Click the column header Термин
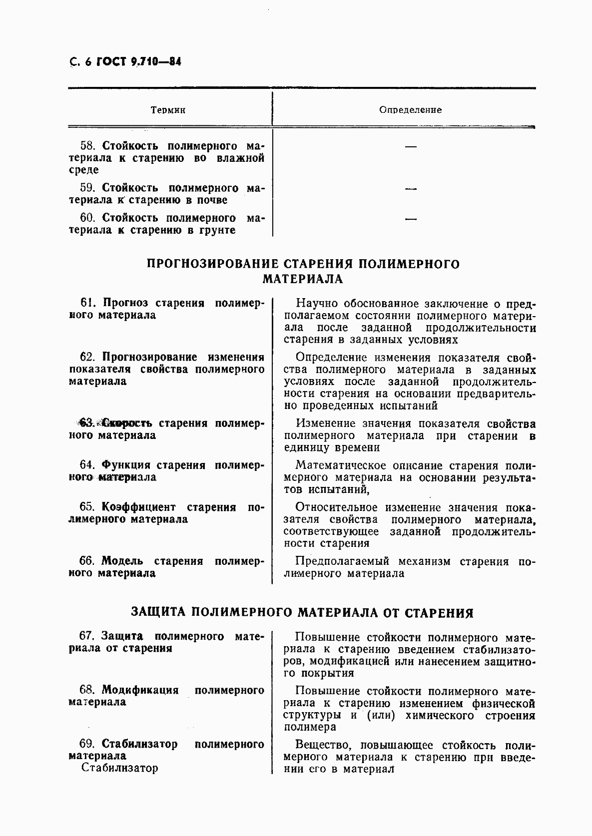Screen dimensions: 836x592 point(168,110)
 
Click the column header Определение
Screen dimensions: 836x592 point(410,110)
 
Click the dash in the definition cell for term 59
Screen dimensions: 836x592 point(410,189)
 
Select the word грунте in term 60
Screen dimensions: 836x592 point(216,230)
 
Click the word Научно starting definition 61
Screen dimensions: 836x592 point(314,303)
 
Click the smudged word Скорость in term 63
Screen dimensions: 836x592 point(127,423)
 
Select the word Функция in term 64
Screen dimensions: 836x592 point(126,465)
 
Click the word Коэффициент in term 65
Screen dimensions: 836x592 point(138,507)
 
